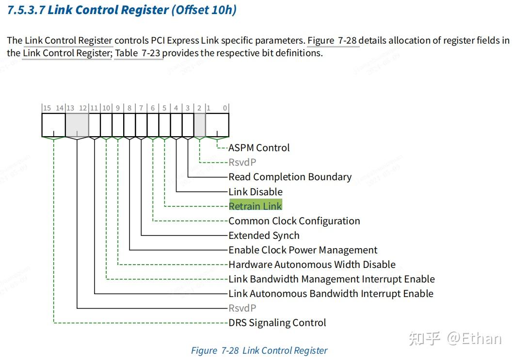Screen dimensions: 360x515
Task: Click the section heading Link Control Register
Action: click(x=121, y=10)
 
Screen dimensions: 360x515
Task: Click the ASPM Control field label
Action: click(x=259, y=148)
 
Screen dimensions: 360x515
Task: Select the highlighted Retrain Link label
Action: click(x=255, y=206)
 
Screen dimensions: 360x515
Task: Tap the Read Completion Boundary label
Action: click(x=290, y=177)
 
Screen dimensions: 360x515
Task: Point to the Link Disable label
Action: click(x=256, y=191)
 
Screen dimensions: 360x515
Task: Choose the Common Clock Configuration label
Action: click(x=294, y=221)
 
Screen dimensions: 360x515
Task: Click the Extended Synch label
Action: click(x=264, y=235)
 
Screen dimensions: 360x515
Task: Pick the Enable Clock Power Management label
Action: click(x=303, y=250)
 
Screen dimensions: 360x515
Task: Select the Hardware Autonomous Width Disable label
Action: click(x=312, y=265)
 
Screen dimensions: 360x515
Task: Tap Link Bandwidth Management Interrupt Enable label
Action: click(x=332, y=279)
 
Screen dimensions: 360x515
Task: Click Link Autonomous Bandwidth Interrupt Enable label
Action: click(x=331, y=294)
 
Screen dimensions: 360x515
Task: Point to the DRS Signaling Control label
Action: click(x=277, y=323)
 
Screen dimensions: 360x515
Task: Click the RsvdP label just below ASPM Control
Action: click(x=242, y=162)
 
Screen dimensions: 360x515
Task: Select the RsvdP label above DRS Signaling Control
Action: click(x=242, y=308)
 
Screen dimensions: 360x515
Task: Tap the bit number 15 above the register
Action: click(x=47, y=108)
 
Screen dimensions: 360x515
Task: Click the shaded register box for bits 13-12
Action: click(x=77, y=125)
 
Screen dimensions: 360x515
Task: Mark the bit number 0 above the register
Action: click(x=225, y=108)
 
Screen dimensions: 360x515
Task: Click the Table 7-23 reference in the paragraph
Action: click(x=138, y=53)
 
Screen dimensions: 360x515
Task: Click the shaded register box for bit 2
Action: click(x=200, y=125)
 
